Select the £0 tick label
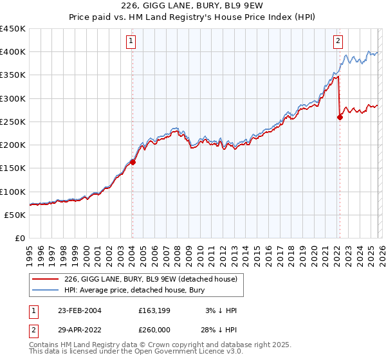click(20, 239)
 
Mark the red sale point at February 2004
click(133, 162)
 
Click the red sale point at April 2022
click(340, 117)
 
